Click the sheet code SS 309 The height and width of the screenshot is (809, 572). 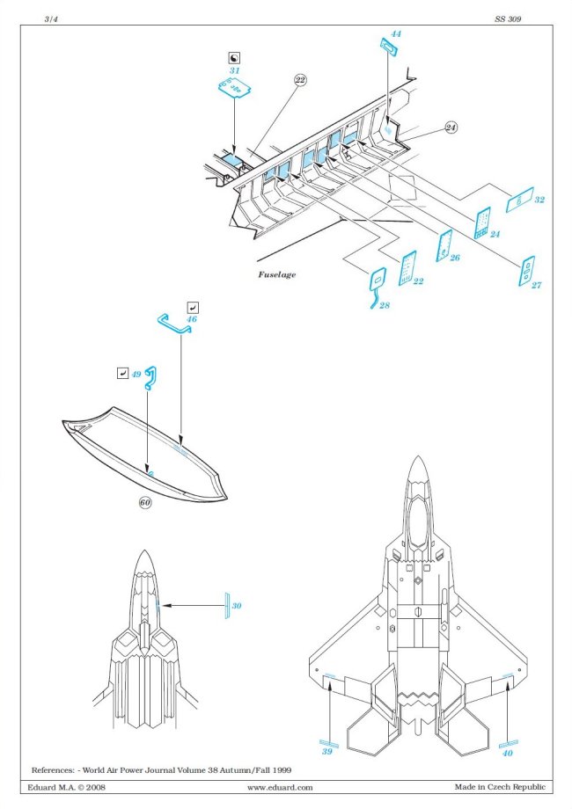pos(509,18)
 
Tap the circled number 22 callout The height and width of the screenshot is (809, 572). pos(300,80)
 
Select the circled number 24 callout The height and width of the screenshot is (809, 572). pos(451,128)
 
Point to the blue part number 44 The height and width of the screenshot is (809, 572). pos(396,33)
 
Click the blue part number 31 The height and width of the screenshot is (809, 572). pos(234,70)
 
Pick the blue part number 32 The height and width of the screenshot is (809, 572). pos(539,200)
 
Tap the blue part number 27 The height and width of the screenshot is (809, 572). pos(535,286)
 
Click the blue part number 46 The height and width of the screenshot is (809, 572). pos(192,319)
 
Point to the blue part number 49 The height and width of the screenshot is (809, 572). pos(136,374)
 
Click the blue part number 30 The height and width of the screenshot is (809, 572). pos(237,607)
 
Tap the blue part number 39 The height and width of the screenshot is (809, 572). pos(326,752)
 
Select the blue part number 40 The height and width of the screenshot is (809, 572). pos(507,752)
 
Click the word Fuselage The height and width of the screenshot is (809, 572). pos(276,274)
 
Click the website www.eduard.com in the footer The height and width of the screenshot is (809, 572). pos(280,787)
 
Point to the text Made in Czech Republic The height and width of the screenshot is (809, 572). pos(499,787)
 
